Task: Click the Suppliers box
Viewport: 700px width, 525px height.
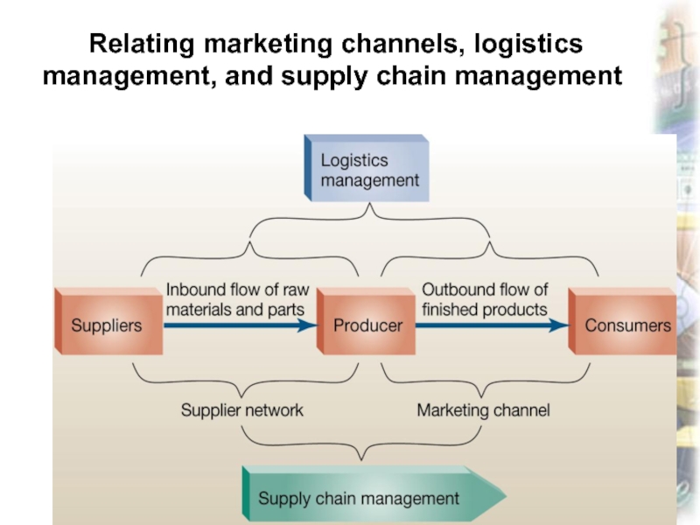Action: click(107, 325)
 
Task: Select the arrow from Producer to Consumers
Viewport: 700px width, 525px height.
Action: click(491, 325)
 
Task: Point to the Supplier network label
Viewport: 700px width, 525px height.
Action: click(241, 409)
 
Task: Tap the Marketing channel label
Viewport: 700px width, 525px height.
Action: click(483, 409)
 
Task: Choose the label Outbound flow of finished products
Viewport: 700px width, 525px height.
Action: click(485, 299)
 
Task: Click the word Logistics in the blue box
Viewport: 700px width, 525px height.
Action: click(353, 161)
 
